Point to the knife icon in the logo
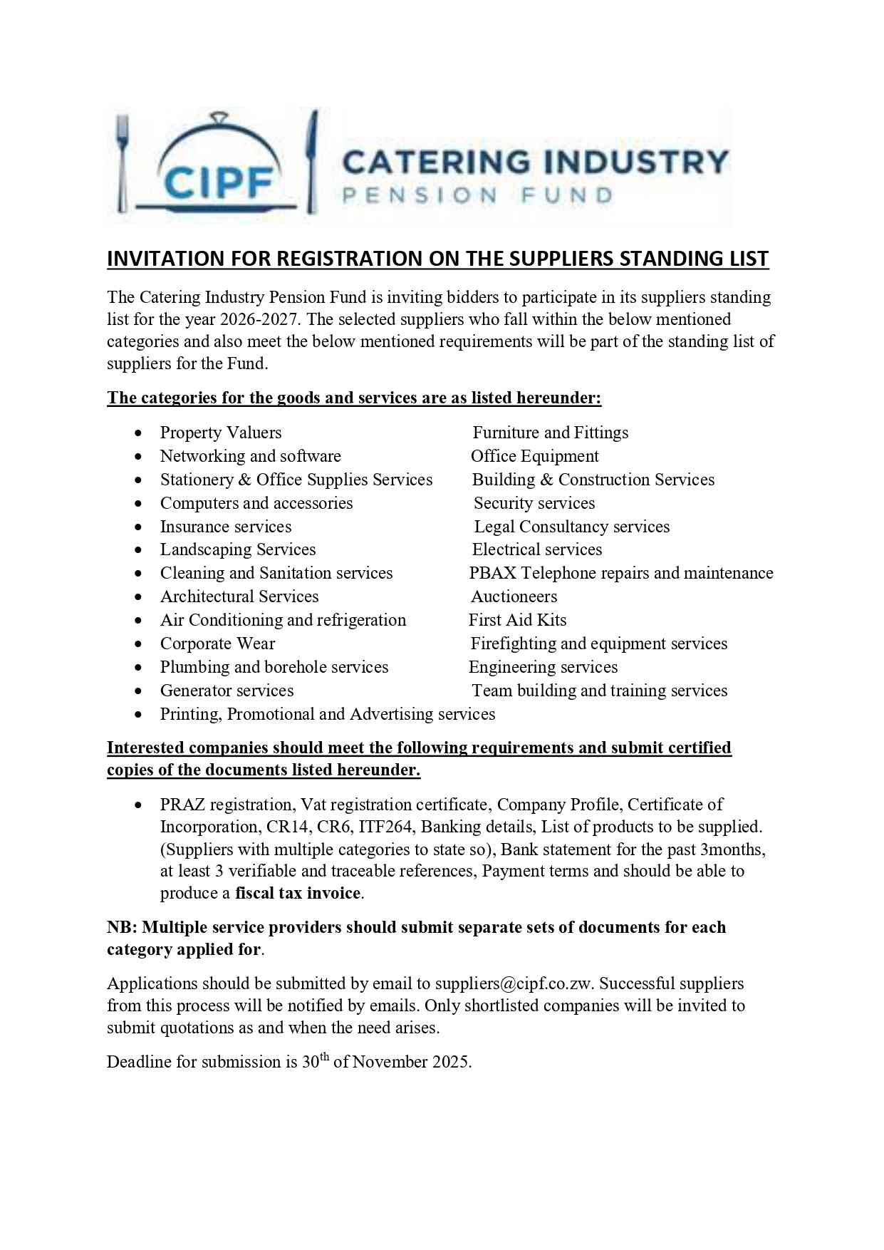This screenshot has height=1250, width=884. [x=311, y=162]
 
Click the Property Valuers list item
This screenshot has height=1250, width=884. [x=221, y=433]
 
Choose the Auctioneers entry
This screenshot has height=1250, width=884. [x=514, y=596]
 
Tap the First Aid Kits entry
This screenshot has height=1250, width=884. [x=517, y=620]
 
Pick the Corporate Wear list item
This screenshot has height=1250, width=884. [x=217, y=644]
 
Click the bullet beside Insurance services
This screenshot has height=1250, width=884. [x=138, y=527]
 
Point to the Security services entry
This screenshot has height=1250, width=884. [x=534, y=503]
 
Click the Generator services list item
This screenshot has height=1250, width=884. [x=227, y=691]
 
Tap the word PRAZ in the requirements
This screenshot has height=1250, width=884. [x=182, y=805]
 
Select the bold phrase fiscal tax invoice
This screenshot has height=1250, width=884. [x=298, y=893]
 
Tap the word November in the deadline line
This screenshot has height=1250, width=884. [x=390, y=1062]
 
